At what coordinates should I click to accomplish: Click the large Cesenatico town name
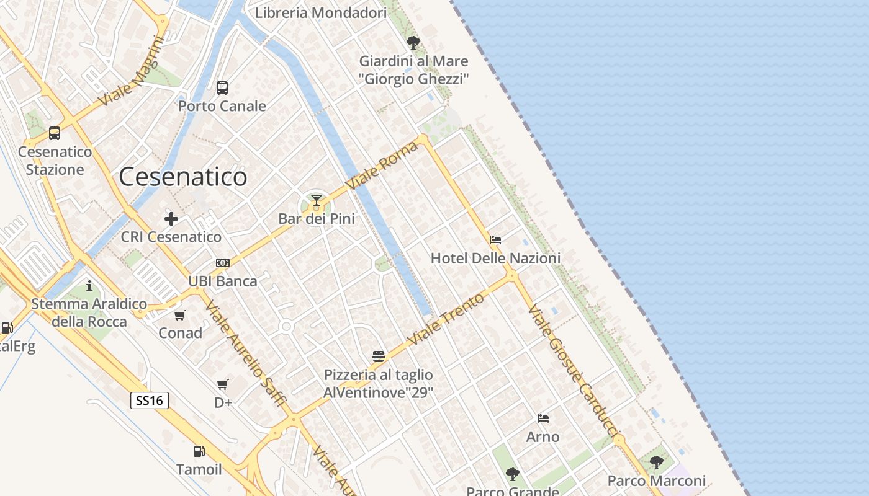pos(183,177)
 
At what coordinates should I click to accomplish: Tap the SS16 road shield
pos(150,401)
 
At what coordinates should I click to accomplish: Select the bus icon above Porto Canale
pos(222,88)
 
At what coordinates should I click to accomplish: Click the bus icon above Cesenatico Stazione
pos(55,133)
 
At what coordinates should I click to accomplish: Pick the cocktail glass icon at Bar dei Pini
pos(317,200)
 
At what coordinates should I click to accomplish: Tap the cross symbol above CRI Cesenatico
pos(171,218)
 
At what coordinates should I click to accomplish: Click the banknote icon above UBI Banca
pos(223,263)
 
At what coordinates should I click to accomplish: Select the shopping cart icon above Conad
pos(180,315)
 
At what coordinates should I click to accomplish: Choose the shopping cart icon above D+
pos(223,384)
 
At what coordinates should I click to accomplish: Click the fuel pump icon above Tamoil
pos(199,451)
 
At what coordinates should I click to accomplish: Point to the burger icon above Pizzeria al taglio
pos(379,356)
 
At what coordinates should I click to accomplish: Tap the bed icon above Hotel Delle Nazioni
pos(495,240)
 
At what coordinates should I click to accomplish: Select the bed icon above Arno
pos(543,418)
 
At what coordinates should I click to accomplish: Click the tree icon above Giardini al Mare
pos(413,43)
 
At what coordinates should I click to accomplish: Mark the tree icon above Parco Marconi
pos(656,463)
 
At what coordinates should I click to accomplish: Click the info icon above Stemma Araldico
pos(89,286)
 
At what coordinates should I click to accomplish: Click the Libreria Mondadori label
pos(321,12)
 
